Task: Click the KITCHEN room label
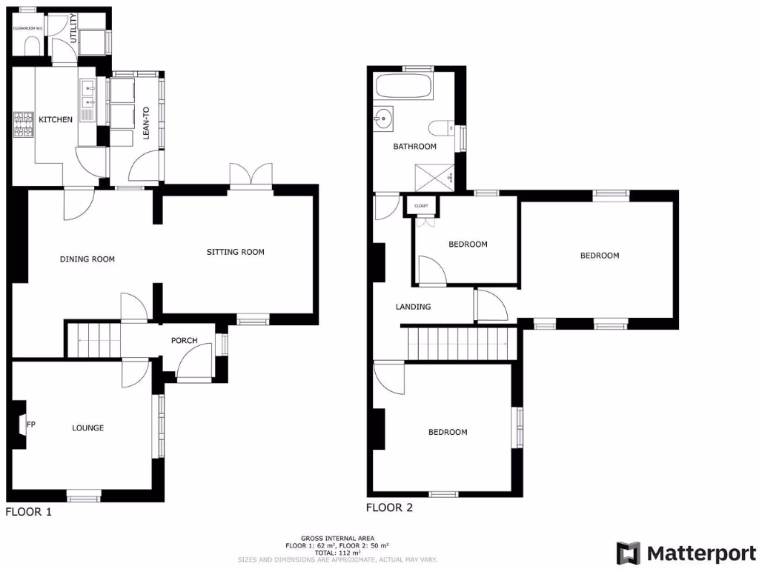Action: (x=56, y=119)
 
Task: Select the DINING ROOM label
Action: (x=87, y=259)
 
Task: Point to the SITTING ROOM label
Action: (x=235, y=252)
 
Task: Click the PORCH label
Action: (x=184, y=341)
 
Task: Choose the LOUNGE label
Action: (x=87, y=427)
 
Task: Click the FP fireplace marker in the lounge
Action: (x=31, y=425)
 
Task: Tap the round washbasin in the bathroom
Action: (x=383, y=118)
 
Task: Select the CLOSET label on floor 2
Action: (x=421, y=205)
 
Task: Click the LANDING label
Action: (x=413, y=306)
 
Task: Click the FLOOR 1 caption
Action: (x=29, y=511)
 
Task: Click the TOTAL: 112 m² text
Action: (x=337, y=553)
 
